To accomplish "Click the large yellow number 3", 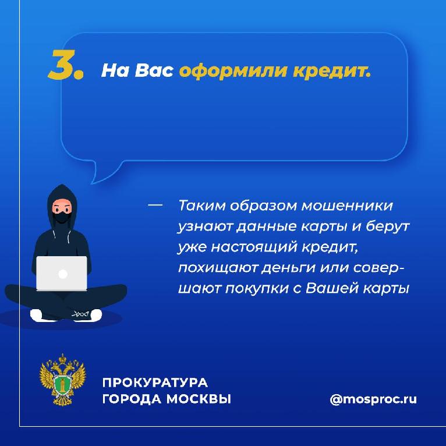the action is click(x=63, y=65).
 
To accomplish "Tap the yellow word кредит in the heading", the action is click(x=332, y=71).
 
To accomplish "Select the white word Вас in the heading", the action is click(x=154, y=70).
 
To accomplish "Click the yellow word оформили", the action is click(x=233, y=71).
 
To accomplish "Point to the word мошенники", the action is click(x=347, y=205).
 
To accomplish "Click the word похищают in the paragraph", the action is click(x=218, y=268).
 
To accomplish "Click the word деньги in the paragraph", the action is click(x=288, y=268).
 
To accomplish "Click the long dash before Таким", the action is click(x=155, y=205).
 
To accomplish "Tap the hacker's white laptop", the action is click(x=62, y=274).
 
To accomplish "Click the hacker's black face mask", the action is click(x=62, y=218).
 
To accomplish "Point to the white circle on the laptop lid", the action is click(x=62, y=274).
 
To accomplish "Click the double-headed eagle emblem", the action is click(x=62, y=380).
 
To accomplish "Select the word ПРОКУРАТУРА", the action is click(x=155, y=383).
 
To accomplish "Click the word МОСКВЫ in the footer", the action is click(x=199, y=399).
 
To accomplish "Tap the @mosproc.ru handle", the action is click(x=373, y=399).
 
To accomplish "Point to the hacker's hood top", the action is click(x=62, y=188).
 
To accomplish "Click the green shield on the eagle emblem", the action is click(x=62, y=385).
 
